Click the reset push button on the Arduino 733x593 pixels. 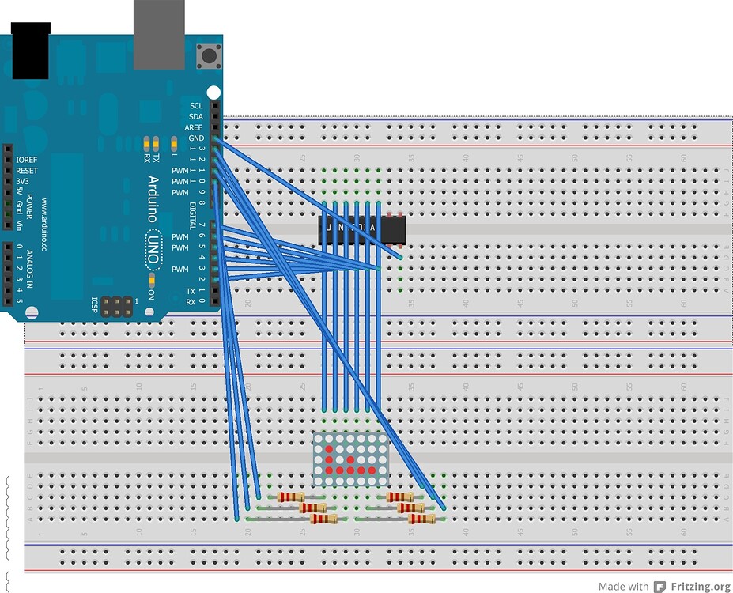(210, 56)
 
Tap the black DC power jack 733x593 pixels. (30, 51)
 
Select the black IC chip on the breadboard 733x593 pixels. (361, 229)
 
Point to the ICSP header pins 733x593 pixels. (118, 305)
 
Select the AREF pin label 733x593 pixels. (194, 127)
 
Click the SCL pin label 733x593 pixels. (196, 105)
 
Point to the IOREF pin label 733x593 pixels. (26, 159)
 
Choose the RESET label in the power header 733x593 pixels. (26, 170)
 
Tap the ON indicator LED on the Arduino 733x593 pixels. (150, 281)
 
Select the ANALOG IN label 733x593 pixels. (31, 270)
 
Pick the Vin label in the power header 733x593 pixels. (20, 225)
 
